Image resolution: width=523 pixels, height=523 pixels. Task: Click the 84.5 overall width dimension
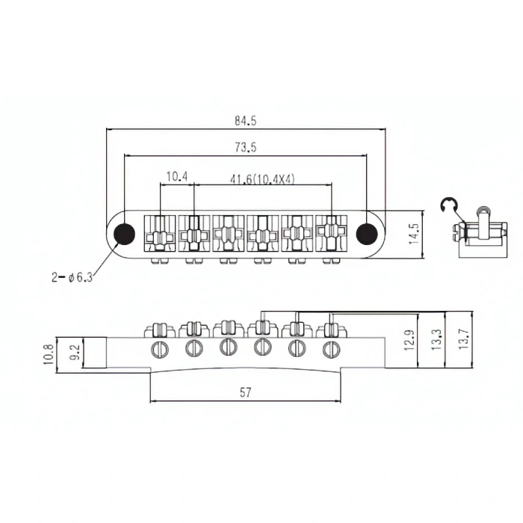[246, 120]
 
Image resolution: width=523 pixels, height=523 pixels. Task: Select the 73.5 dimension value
[245, 148]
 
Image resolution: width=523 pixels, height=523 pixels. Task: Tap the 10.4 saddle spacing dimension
[176, 177]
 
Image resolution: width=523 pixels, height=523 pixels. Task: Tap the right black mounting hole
[366, 234]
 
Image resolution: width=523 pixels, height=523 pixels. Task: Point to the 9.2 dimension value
[74, 352]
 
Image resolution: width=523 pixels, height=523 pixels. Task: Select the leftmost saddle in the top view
[159, 234]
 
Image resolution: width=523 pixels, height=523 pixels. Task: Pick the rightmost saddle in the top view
[329, 234]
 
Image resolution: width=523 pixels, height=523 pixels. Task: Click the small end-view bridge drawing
[479, 232]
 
